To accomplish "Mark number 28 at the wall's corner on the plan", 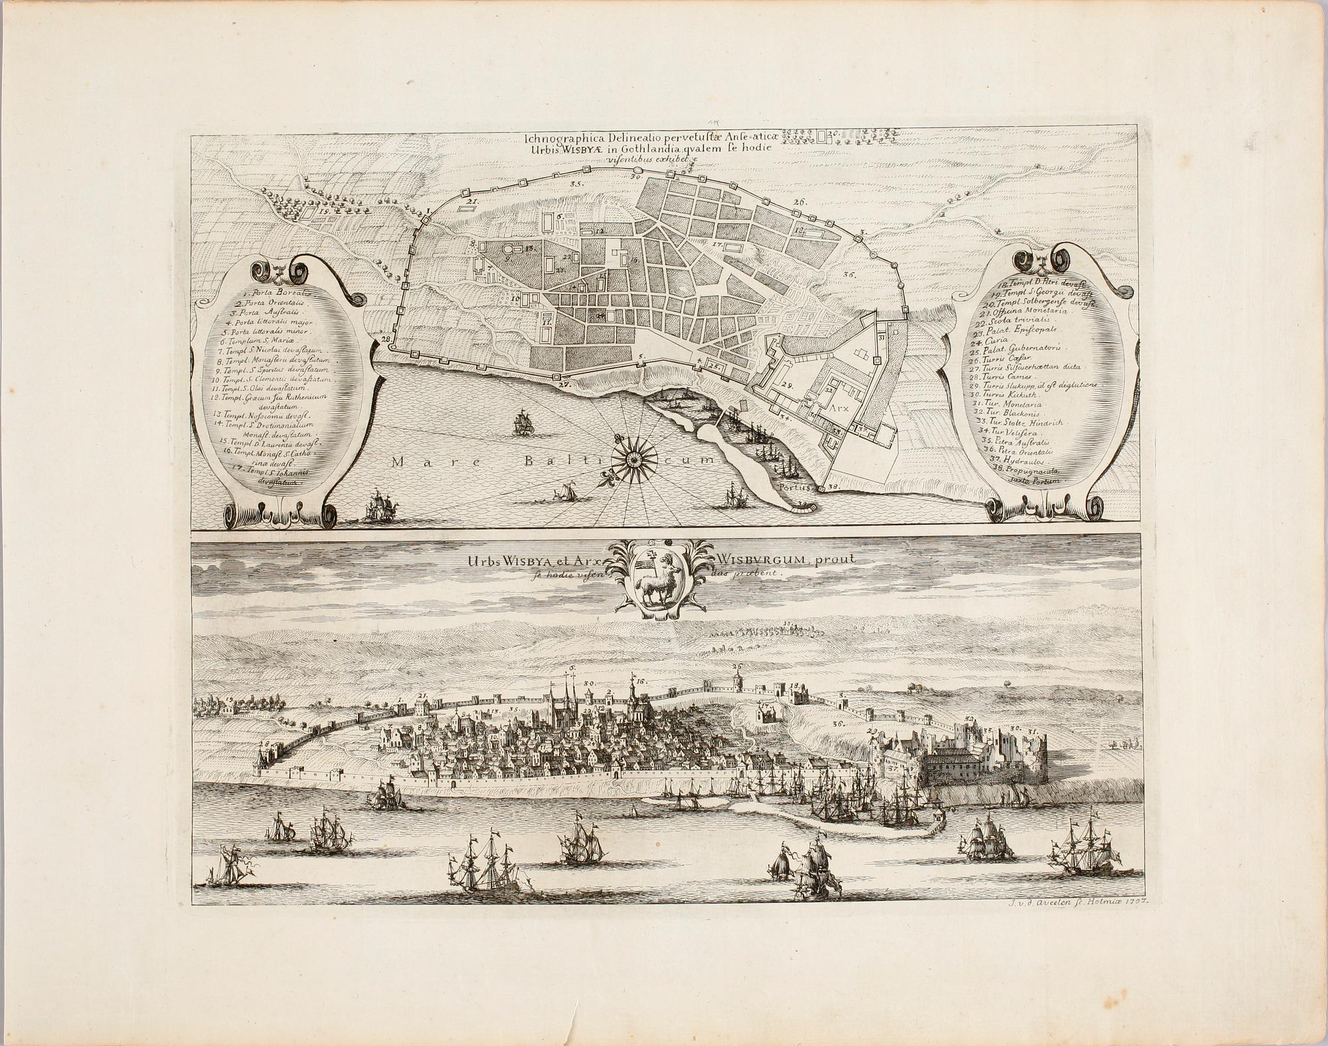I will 386,340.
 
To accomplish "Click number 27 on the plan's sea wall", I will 564,385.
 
